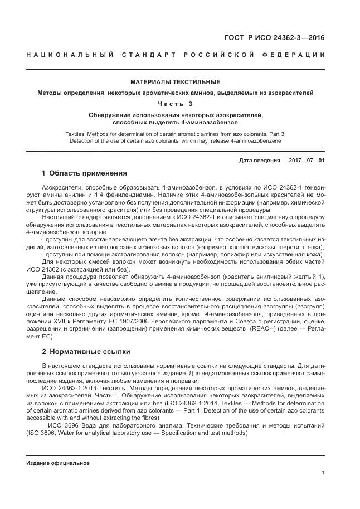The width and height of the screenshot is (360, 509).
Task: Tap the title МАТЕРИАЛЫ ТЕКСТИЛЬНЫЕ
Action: (x=175, y=82)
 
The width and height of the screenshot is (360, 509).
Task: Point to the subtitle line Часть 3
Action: (x=175, y=103)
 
